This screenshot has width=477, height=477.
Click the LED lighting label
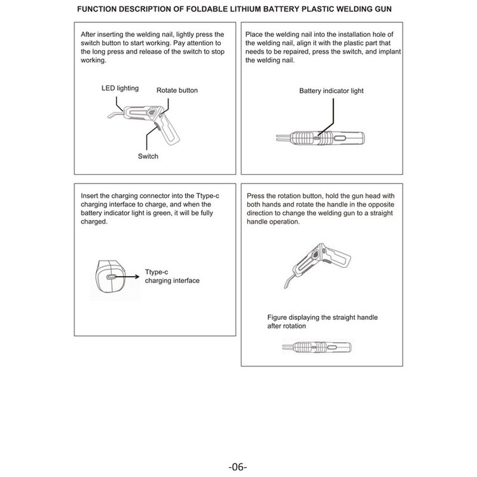coord(120,88)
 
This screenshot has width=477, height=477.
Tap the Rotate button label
coord(177,90)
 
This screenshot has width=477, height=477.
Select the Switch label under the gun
coord(148,156)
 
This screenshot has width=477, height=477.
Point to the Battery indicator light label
coord(331,91)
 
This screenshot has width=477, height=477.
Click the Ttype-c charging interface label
coord(172,276)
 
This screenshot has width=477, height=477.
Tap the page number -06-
coord(238,466)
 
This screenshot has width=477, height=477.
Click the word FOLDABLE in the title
coord(206,9)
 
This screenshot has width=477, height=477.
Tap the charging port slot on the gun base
coord(111,277)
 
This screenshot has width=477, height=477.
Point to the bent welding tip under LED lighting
coord(116,114)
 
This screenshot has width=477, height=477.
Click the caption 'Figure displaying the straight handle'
coord(322,317)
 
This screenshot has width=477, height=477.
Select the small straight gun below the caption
coord(317,347)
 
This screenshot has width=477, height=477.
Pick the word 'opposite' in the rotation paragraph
coord(381,204)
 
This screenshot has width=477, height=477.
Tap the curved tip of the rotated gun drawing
coord(289,280)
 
